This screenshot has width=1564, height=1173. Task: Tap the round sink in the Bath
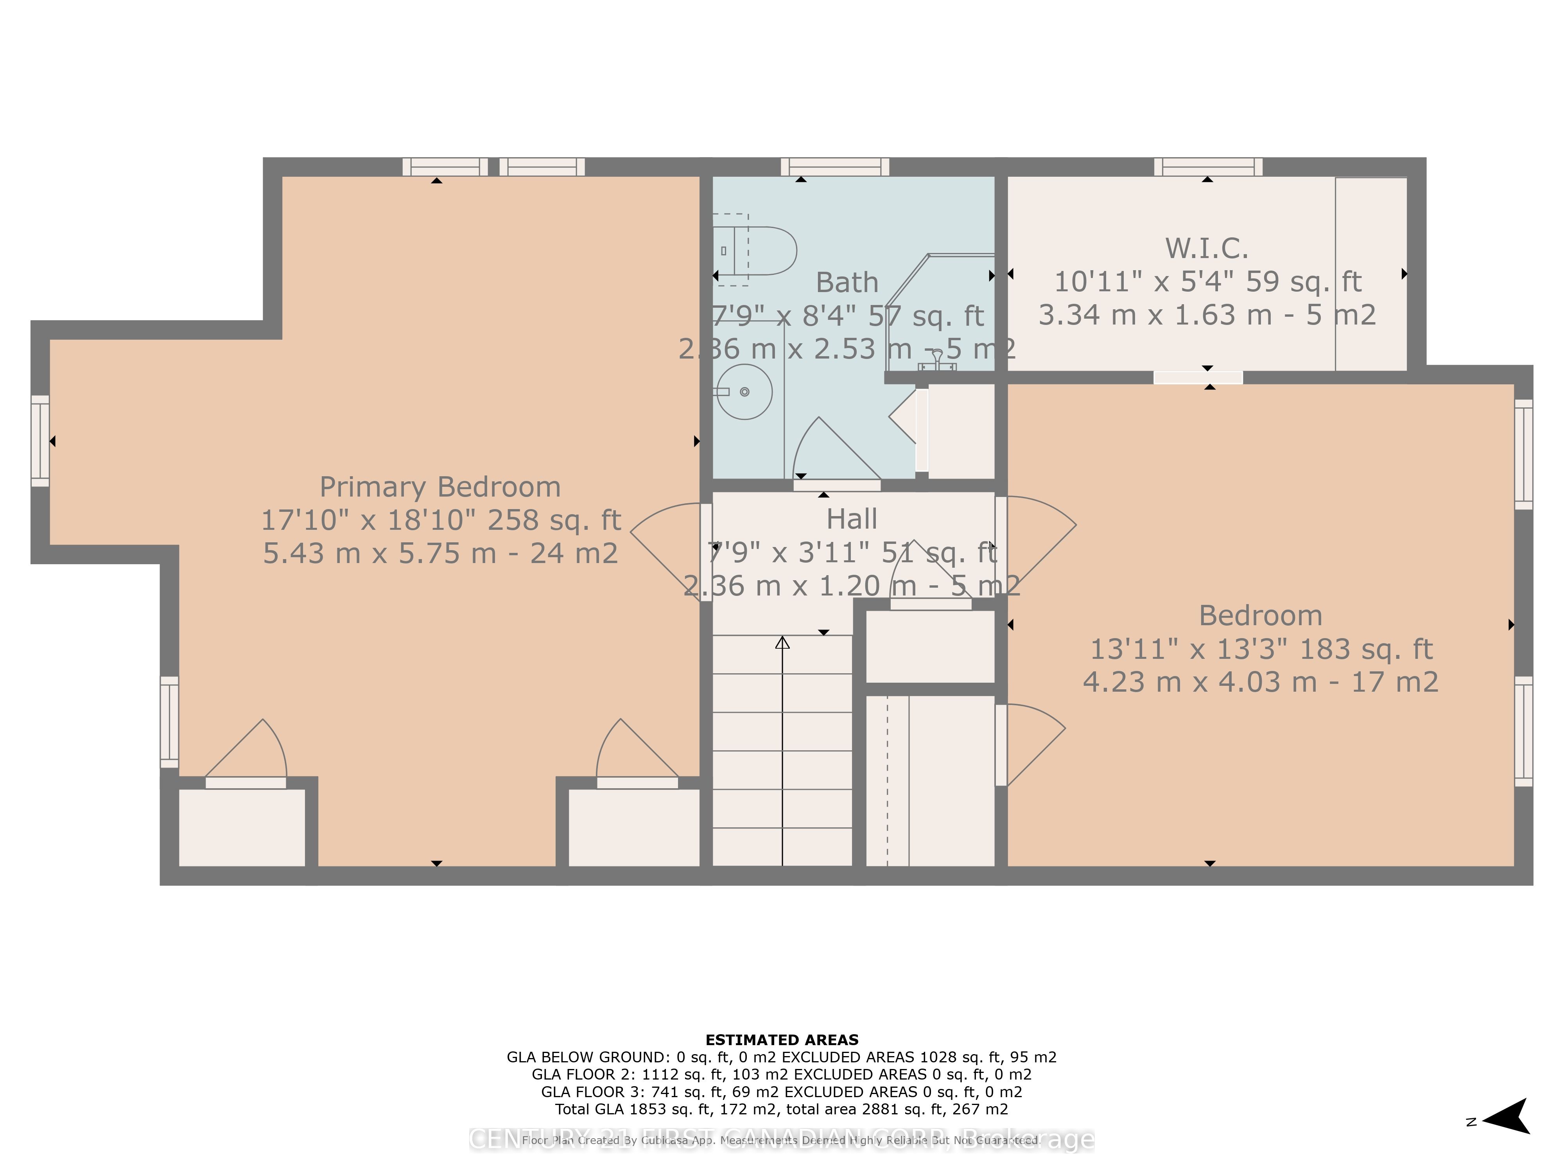(744, 392)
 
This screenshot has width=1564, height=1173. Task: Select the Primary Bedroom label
(440, 487)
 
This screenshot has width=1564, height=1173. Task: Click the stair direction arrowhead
(782, 643)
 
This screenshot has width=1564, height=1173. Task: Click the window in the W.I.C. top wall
(1208, 168)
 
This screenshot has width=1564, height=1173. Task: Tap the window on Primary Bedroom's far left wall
(40, 441)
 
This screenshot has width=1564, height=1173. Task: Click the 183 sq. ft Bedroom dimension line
(1261, 649)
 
